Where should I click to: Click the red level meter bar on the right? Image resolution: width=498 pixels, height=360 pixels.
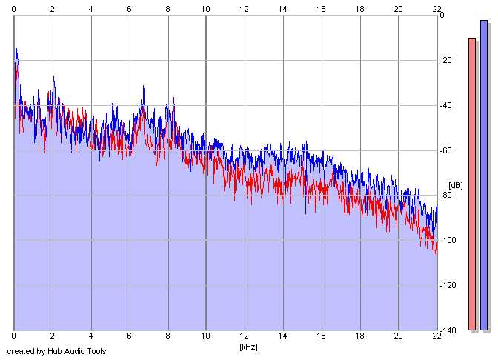472,184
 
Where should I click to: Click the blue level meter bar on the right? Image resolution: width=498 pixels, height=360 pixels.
484,175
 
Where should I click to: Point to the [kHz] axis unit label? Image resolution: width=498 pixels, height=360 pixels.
247,346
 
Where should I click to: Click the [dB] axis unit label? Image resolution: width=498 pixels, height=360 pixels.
455,185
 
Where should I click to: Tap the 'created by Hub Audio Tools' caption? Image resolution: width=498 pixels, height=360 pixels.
56,351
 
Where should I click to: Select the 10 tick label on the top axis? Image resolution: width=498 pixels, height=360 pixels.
206,8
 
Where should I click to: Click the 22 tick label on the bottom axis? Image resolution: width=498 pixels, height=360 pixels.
437,338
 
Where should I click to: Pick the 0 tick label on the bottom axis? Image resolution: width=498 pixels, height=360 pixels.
14,338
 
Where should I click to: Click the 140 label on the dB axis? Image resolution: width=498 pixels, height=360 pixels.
448,330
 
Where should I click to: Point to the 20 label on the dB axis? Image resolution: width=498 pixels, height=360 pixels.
447,60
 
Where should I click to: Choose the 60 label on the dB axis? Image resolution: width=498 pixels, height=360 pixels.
447,150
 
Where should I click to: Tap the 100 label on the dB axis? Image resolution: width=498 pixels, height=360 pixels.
448,241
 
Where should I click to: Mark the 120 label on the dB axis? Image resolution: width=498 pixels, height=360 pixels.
448,286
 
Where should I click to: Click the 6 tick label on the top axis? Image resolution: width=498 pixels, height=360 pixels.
129,8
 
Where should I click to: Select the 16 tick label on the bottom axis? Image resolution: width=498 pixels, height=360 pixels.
322,338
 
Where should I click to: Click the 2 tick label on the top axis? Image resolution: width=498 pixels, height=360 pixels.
53,8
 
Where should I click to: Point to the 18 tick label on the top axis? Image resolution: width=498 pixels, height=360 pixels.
360,8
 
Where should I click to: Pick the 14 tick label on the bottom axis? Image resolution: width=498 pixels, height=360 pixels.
283,338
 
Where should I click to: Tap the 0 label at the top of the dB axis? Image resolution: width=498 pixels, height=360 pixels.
442,15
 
